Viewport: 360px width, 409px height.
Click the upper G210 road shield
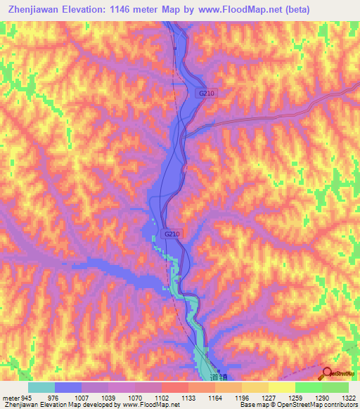point(205,93)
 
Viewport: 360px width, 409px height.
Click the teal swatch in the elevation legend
point(41,387)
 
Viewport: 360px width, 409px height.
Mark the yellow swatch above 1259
point(281,387)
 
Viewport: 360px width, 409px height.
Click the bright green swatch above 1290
point(308,387)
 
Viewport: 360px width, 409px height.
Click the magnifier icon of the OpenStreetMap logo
point(327,373)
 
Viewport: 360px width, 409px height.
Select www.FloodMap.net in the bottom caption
point(150,405)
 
